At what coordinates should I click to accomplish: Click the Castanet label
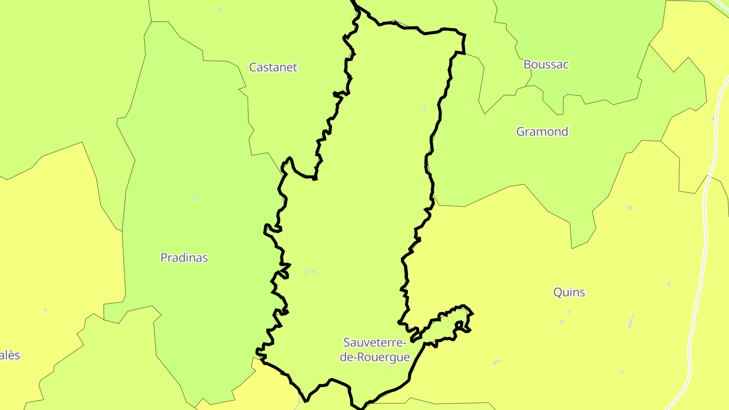pos(273,67)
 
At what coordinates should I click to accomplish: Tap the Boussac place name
pos(546,65)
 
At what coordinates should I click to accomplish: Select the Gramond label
pos(542,132)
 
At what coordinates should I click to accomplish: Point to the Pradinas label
pos(184,258)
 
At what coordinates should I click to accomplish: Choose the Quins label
pos(569,293)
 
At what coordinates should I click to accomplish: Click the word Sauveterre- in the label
pos(375,343)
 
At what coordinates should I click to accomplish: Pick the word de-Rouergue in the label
pos(375,357)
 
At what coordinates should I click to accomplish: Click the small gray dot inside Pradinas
pos(195,197)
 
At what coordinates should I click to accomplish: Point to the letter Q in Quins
pos(557,293)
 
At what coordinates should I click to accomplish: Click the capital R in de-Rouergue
pos(360,357)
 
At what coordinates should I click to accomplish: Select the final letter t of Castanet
pos(295,67)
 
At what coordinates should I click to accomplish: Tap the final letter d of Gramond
pos(564,132)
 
